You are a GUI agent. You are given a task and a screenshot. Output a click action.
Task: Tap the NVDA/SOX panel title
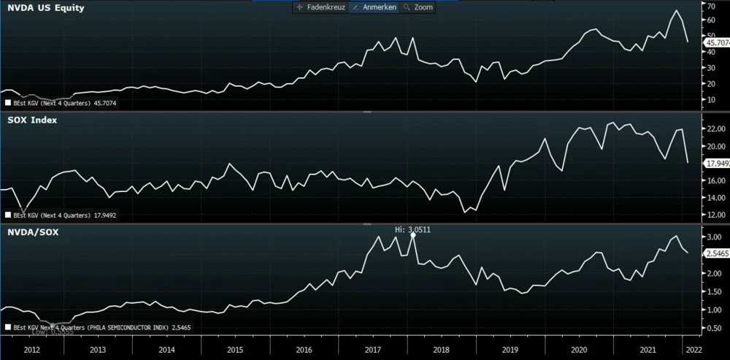click(33, 231)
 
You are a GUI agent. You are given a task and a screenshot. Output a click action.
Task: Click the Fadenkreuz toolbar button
click(319, 7)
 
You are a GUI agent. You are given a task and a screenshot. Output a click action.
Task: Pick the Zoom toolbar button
click(418, 7)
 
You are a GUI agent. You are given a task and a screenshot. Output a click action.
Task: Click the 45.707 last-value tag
click(716, 43)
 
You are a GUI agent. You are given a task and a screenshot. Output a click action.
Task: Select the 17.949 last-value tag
click(716, 163)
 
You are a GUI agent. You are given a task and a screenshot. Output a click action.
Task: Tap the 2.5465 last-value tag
click(716, 253)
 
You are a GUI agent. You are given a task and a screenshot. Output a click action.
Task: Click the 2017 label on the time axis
click(373, 350)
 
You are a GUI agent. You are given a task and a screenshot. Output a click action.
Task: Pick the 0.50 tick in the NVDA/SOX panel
click(714, 328)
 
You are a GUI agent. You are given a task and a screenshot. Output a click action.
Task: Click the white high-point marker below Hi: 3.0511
click(413, 235)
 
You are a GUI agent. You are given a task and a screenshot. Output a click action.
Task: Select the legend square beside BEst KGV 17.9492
click(7, 215)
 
